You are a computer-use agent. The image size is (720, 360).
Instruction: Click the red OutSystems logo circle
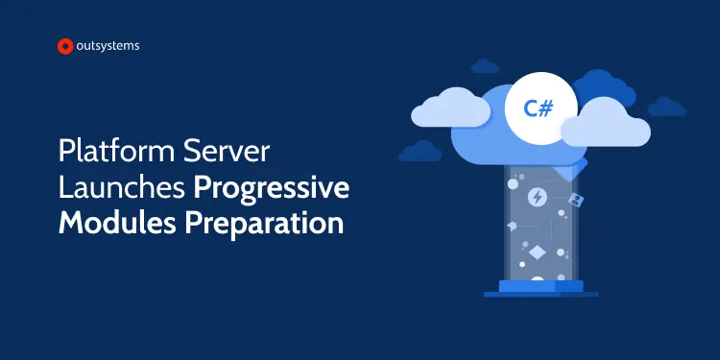click(x=65, y=45)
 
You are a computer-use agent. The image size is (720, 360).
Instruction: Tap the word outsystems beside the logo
click(x=108, y=45)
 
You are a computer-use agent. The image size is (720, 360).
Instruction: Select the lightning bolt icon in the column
click(x=537, y=197)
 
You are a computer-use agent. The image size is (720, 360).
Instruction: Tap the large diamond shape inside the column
click(x=536, y=252)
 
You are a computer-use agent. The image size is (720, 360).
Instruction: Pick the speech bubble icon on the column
click(x=513, y=226)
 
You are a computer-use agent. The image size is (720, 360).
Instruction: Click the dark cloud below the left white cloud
click(x=420, y=151)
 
